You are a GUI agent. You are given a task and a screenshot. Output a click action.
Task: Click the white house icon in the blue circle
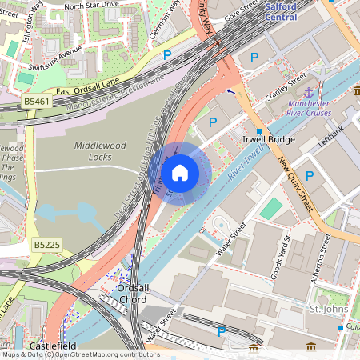click(180, 172)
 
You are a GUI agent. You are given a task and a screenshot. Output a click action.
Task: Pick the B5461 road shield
click(36, 102)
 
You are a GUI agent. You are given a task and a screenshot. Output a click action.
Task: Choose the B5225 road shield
click(46, 243)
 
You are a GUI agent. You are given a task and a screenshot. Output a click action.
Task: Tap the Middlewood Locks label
click(102, 152)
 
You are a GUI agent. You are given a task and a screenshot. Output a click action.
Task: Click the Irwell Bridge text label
click(268, 140)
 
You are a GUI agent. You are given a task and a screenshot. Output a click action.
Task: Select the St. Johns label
click(326, 309)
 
